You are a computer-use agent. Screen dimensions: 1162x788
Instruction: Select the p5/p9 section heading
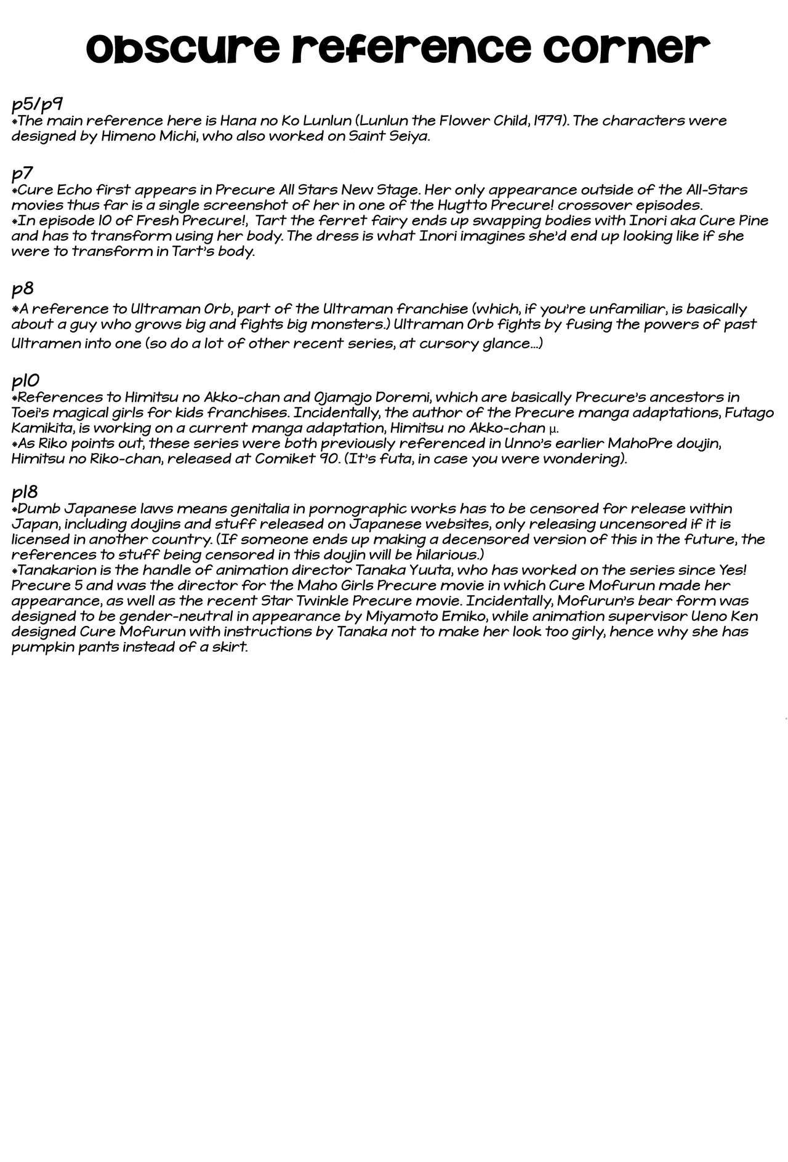click(x=37, y=104)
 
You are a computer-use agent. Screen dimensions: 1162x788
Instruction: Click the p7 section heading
click(x=22, y=173)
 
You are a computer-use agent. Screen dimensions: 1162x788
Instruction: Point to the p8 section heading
click(x=22, y=288)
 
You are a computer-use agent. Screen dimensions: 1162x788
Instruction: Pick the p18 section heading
click(x=25, y=492)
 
